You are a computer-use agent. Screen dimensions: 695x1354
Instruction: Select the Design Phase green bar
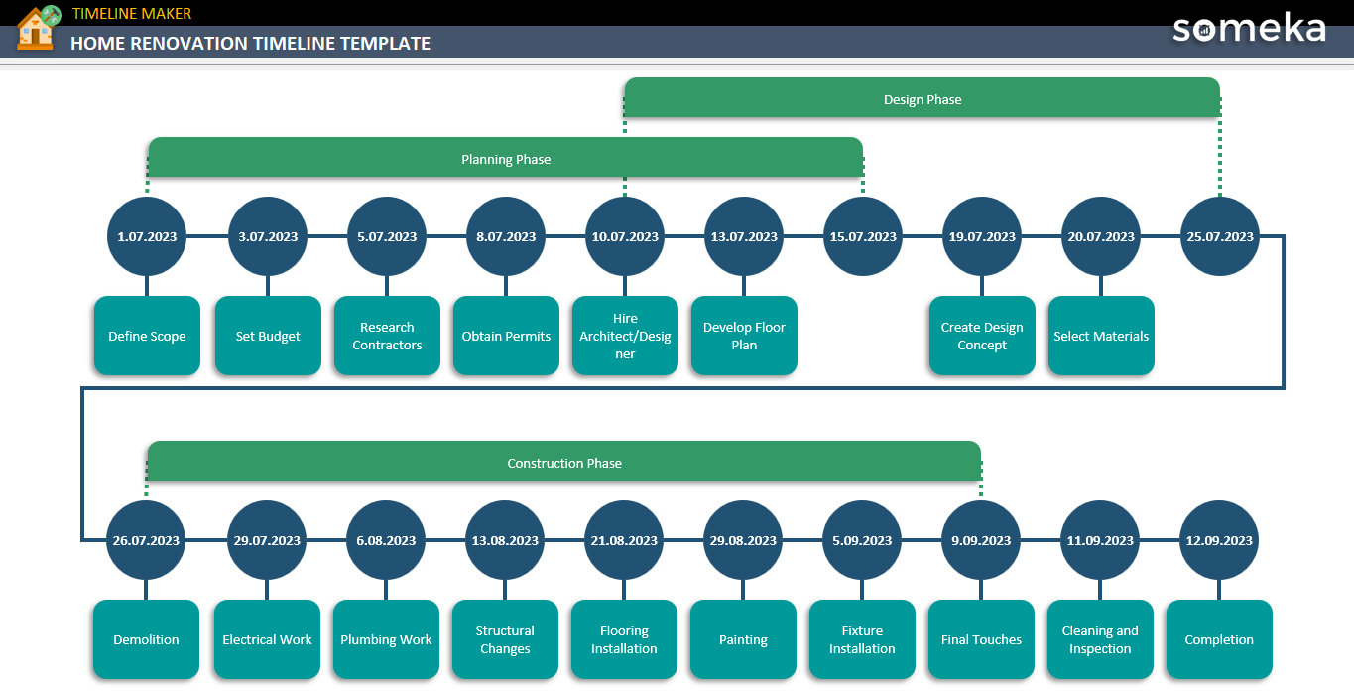(x=922, y=98)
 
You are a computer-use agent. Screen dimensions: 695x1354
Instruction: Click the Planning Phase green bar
(x=505, y=158)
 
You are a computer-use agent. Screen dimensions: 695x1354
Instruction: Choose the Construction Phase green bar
(x=563, y=462)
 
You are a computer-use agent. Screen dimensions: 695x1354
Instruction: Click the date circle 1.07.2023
(x=147, y=236)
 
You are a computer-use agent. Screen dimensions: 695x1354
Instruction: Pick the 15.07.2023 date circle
(x=862, y=236)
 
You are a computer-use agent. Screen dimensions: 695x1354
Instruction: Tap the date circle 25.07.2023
(x=1219, y=236)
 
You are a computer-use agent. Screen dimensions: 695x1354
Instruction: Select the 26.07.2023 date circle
(x=146, y=540)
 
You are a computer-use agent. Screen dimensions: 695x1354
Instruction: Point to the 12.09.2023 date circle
(x=1219, y=540)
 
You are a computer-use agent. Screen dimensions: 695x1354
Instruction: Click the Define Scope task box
(x=147, y=336)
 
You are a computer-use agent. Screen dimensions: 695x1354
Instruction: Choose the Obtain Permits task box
(x=506, y=336)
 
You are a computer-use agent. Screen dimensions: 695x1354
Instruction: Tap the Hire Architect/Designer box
(x=625, y=336)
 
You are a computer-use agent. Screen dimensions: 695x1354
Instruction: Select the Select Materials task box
(x=1101, y=336)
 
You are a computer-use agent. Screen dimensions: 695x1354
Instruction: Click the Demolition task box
(x=146, y=639)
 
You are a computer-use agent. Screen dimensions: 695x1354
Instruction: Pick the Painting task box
(x=743, y=639)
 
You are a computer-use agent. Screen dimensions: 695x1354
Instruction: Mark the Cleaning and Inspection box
(x=1100, y=639)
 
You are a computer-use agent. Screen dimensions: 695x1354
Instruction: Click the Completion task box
(x=1219, y=639)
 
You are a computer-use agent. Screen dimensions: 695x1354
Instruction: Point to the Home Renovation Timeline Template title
(x=250, y=43)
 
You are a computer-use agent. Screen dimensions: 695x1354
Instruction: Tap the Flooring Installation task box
(x=624, y=639)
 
